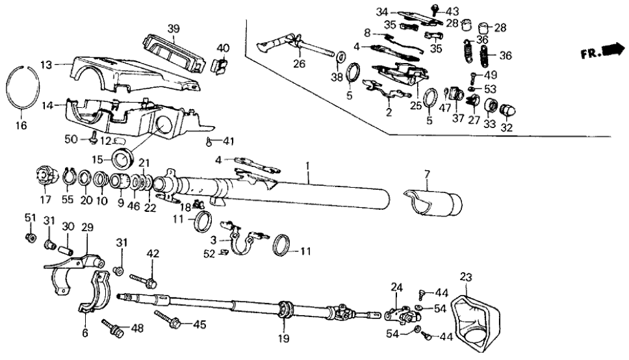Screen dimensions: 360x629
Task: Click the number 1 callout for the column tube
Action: click(x=307, y=166)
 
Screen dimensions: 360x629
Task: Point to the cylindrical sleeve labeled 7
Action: click(x=433, y=203)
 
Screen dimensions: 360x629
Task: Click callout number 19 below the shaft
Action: click(x=283, y=338)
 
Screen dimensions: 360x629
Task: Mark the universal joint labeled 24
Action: click(x=399, y=313)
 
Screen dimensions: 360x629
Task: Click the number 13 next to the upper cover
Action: click(x=45, y=64)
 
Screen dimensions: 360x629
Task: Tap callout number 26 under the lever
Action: click(x=298, y=64)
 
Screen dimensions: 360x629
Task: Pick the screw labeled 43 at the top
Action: click(x=433, y=7)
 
